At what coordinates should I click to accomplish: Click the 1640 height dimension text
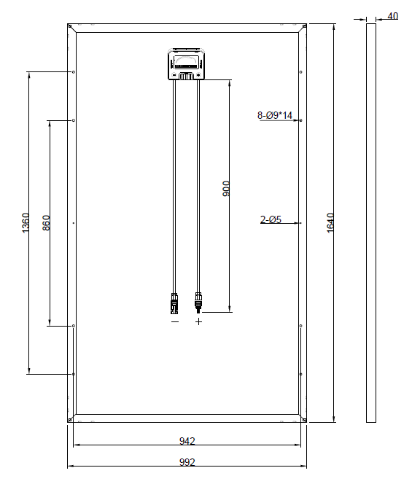(x=330, y=222)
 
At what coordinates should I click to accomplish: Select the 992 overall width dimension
(x=187, y=462)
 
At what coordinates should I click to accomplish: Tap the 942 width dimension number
(x=187, y=441)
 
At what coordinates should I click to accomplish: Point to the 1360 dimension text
(x=26, y=222)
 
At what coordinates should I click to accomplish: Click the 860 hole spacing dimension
(x=46, y=222)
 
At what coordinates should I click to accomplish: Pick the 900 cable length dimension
(x=226, y=189)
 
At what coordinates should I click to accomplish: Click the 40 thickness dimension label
(x=392, y=16)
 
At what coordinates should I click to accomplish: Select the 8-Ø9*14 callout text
(x=275, y=115)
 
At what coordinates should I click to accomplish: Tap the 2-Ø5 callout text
(x=271, y=219)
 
